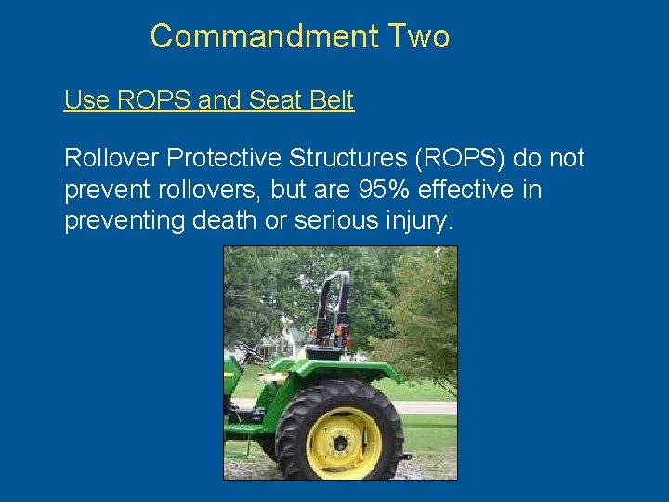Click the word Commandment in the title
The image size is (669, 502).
264,36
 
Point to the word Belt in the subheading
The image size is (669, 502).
328,100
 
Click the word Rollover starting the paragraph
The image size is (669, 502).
111,158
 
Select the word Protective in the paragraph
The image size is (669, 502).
220,158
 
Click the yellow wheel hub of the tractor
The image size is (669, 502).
343,443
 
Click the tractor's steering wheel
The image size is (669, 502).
249,354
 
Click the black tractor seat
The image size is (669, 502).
323,350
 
